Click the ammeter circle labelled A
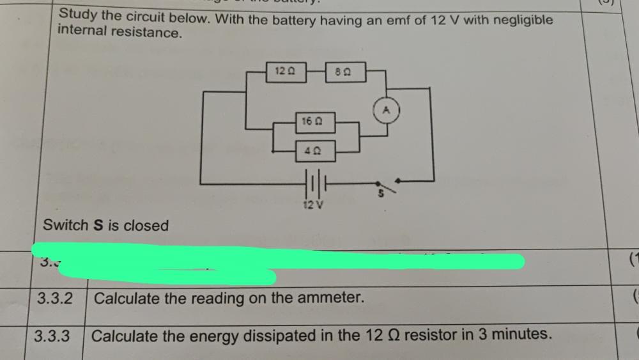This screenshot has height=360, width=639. click(386, 109)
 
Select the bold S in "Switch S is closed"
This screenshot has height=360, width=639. click(98, 226)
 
